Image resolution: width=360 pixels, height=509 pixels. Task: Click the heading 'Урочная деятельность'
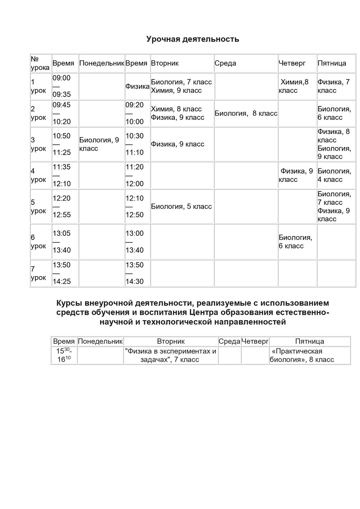click(193, 39)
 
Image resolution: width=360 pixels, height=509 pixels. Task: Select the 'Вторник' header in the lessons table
click(165, 63)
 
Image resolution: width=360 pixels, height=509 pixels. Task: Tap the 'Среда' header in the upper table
click(225, 63)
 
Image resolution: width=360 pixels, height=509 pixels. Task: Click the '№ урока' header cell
click(40, 63)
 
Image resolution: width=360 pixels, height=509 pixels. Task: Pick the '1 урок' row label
click(38, 86)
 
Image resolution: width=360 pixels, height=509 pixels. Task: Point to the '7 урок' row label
click(38, 273)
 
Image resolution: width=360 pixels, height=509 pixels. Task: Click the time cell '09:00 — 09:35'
click(62, 86)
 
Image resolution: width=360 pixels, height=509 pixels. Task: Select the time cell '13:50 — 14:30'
click(135, 273)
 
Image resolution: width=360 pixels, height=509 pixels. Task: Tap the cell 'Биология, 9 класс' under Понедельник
click(99, 144)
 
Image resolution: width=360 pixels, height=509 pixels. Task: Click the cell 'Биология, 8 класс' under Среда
click(246, 113)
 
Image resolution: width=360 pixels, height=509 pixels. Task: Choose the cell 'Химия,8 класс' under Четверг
click(294, 86)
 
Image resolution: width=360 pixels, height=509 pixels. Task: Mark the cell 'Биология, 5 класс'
click(181, 206)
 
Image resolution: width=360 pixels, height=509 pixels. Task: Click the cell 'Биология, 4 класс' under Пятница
click(334, 175)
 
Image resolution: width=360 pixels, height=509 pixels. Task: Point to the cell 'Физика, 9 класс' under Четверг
click(296, 175)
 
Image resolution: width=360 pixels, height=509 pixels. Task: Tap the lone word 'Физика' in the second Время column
click(137, 86)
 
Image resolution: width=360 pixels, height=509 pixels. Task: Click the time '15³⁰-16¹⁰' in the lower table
click(64, 355)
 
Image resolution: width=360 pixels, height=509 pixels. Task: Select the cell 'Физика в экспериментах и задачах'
click(171, 355)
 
